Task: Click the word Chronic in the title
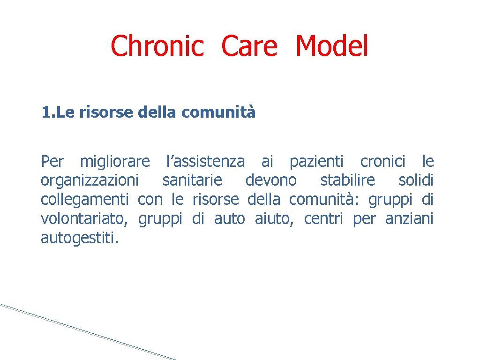point(157,46)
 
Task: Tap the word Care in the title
point(249,46)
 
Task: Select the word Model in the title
point(332,46)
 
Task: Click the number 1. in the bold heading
point(47,113)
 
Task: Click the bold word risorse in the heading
point(108,113)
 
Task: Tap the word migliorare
point(115,162)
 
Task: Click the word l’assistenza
point(205,162)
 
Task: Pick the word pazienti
point(316,162)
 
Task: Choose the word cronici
point(382,162)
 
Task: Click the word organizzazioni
point(90,181)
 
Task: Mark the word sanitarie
point(192,181)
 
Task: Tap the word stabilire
point(347,181)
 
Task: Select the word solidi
point(416,181)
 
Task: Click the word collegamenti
point(84,200)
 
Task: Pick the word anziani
point(409,219)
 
